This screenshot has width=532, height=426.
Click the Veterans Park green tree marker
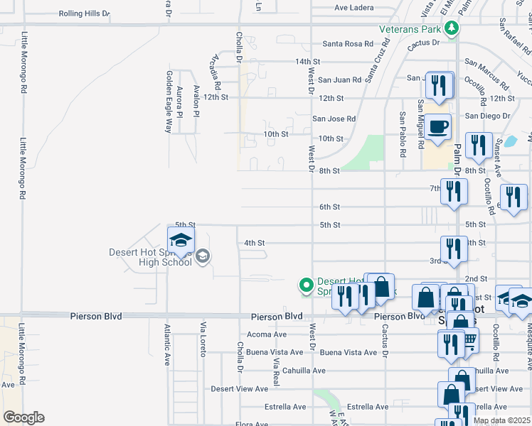coord(450,28)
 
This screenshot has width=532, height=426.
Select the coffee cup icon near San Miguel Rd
coord(438,127)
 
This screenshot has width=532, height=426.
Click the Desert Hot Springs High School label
coord(150,257)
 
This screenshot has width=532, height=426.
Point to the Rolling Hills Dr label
coord(85,13)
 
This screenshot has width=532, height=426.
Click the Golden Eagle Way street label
coord(169,102)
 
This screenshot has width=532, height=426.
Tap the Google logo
coord(23,417)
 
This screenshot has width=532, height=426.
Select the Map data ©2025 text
coord(501,420)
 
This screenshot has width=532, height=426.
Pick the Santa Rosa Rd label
coord(348,44)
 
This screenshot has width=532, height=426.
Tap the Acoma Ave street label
coord(266,334)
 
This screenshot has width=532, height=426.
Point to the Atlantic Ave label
coord(167,344)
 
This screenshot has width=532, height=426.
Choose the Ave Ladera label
coord(353,9)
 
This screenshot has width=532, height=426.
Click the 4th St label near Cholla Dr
coord(255,243)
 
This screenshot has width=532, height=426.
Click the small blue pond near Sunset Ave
coord(510,141)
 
